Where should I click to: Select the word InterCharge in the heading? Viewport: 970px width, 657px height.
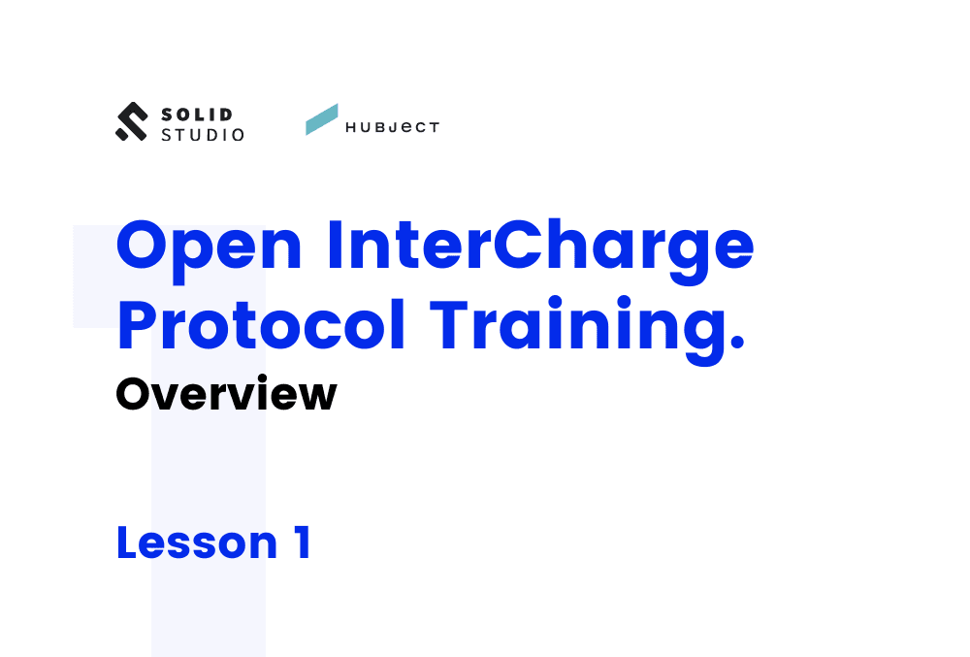pos(539,247)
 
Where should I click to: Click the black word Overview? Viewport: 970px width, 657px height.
pos(226,395)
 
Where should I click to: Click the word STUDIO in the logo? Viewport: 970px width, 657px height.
pos(203,135)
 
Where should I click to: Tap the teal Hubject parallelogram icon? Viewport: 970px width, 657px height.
pos(322,119)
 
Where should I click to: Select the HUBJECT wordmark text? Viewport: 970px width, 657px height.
pos(392,127)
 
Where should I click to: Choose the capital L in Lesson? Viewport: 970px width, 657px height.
pos(126,542)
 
